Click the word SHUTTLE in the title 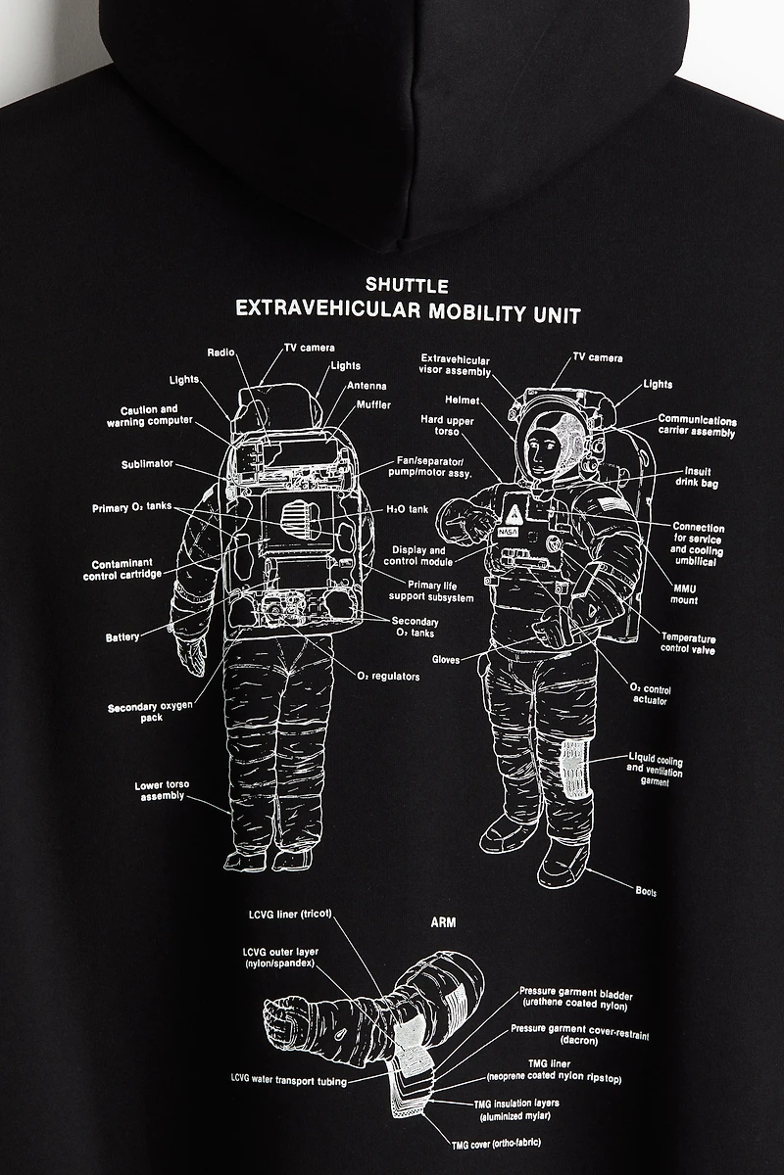[x=407, y=286]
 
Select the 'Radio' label [x=220, y=352]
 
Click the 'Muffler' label [x=373, y=404]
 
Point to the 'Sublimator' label [x=148, y=464]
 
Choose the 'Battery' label [x=122, y=638]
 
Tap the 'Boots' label [x=646, y=891]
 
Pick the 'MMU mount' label [x=685, y=593]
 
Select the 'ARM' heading [x=443, y=921]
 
